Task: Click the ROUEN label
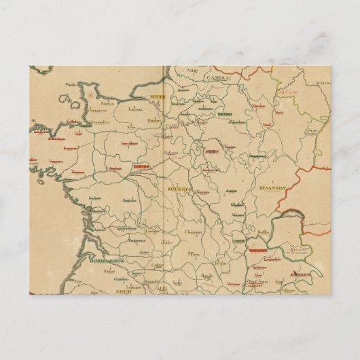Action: point(158,97)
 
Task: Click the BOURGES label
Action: point(181,187)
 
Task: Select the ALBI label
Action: point(162,288)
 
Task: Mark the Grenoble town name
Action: point(272,260)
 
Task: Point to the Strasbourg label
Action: point(312,130)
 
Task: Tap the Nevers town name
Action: point(201,193)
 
